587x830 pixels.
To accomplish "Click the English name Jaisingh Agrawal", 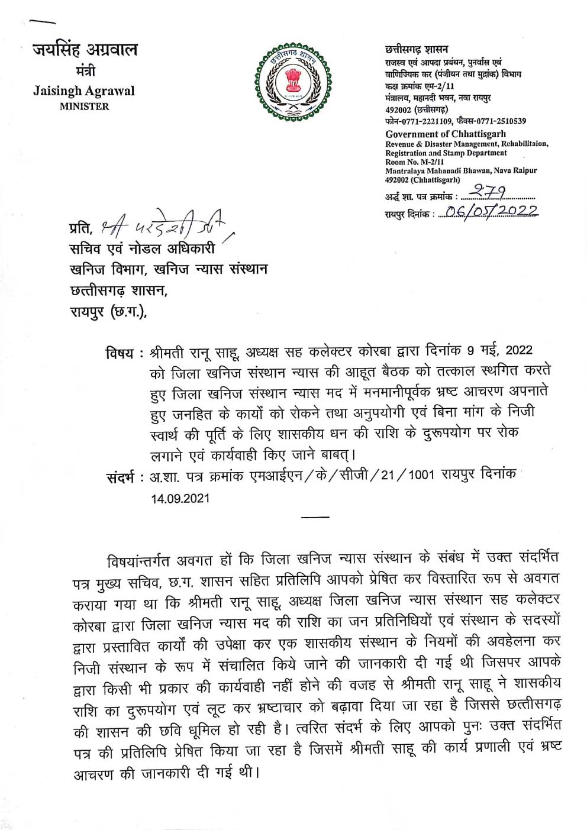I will point(84,91).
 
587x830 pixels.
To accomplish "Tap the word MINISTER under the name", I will point(84,106).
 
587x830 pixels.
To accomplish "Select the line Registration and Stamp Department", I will point(446,153).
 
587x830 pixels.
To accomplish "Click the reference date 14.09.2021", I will point(180,498).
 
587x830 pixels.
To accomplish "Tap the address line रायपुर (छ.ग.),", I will point(108,311).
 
